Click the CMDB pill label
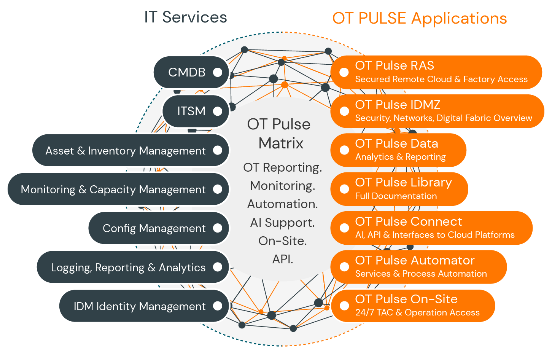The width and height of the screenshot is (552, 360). click(x=187, y=72)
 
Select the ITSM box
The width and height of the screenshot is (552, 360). click(x=191, y=111)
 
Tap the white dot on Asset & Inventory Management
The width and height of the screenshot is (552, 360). click(x=218, y=150)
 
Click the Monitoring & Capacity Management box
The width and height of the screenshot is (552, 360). click(x=113, y=190)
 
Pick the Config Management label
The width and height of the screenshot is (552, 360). click(x=154, y=228)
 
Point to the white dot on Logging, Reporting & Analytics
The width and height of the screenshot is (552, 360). click(x=218, y=267)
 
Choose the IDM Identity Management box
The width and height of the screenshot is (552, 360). click(x=140, y=306)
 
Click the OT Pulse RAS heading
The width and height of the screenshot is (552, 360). click(x=395, y=65)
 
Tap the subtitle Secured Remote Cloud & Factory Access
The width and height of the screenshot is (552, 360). click(x=441, y=79)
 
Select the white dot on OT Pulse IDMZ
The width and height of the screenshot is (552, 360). click(x=344, y=111)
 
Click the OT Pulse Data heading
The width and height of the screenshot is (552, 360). click(x=396, y=143)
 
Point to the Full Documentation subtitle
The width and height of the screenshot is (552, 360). click(x=396, y=196)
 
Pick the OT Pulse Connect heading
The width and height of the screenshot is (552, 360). click(x=409, y=221)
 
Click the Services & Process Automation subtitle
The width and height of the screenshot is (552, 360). click(x=421, y=274)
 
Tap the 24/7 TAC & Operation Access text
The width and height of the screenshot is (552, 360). click(x=417, y=312)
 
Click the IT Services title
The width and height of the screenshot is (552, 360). click(x=185, y=18)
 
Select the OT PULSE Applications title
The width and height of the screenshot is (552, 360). click(x=419, y=18)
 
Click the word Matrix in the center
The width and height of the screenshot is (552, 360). click(x=281, y=143)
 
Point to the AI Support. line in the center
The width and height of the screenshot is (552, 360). click(x=282, y=223)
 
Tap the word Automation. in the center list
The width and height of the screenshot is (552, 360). click(x=282, y=204)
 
